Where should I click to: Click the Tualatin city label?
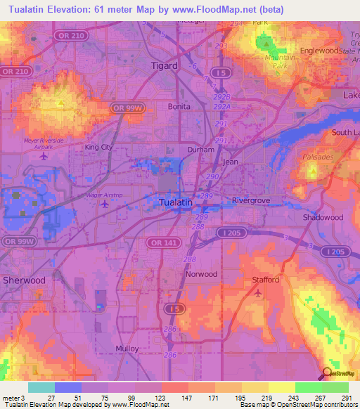click(172, 202)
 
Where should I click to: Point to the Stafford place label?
click(266, 280)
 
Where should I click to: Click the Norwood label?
click(201, 274)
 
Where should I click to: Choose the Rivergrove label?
click(252, 200)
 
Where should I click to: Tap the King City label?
click(98, 148)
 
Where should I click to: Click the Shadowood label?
click(323, 218)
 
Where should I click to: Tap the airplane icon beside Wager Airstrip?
click(105, 204)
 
